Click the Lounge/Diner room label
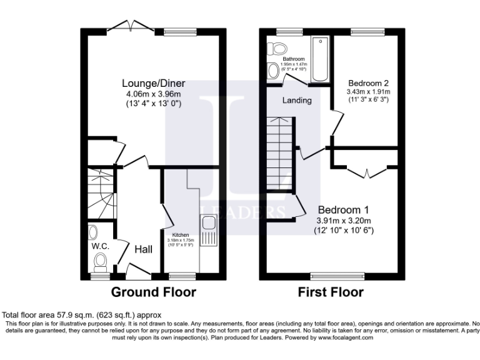tap(153, 84)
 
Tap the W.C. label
tap(101, 246)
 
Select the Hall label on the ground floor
tap(143, 249)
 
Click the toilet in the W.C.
tap(94, 233)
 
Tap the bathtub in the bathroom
tap(320, 59)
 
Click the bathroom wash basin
tap(274, 71)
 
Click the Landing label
tap(296, 100)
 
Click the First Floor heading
tap(331, 292)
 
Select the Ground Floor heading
tap(153, 292)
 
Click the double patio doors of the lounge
tap(129, 26)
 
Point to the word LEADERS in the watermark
tap(241, 212)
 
